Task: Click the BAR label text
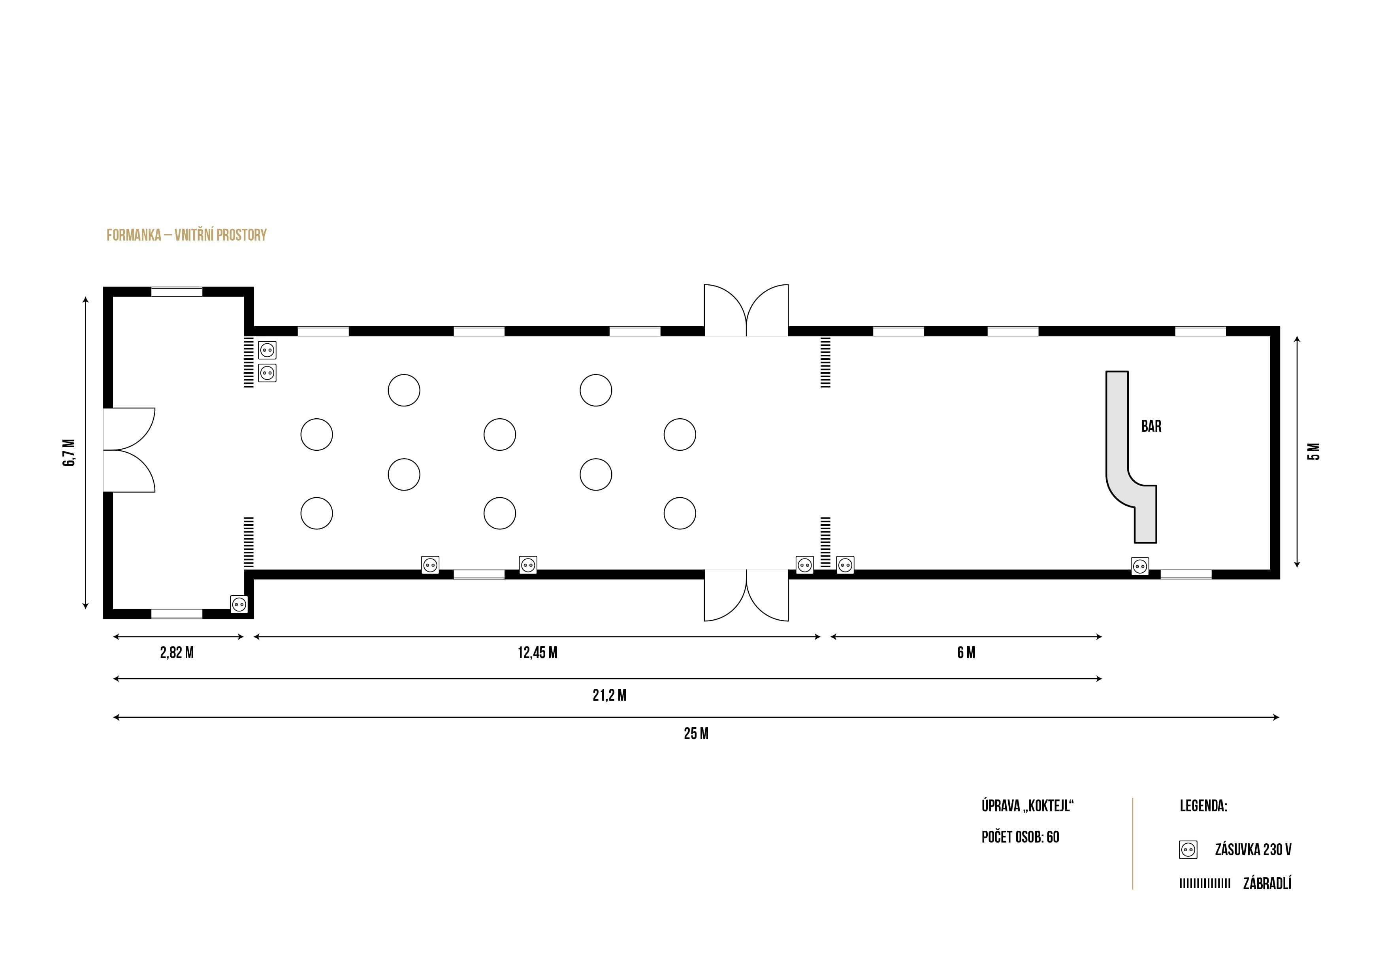(1151, 427)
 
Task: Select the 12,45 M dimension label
(537, 653)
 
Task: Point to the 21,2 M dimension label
(609, 696)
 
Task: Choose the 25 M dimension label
(696, 734)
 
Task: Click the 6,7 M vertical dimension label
(70, 453)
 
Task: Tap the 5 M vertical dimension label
(1314, 451)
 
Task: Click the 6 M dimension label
(966, 653)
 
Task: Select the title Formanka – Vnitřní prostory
(186, 235)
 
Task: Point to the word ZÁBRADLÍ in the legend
(1267, 884)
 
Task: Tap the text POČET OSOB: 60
(1020, 837)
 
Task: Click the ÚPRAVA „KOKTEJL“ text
(1027, 806)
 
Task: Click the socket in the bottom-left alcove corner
(239, 604)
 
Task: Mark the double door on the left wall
(128, 450)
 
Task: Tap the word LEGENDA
(1203, 806)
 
